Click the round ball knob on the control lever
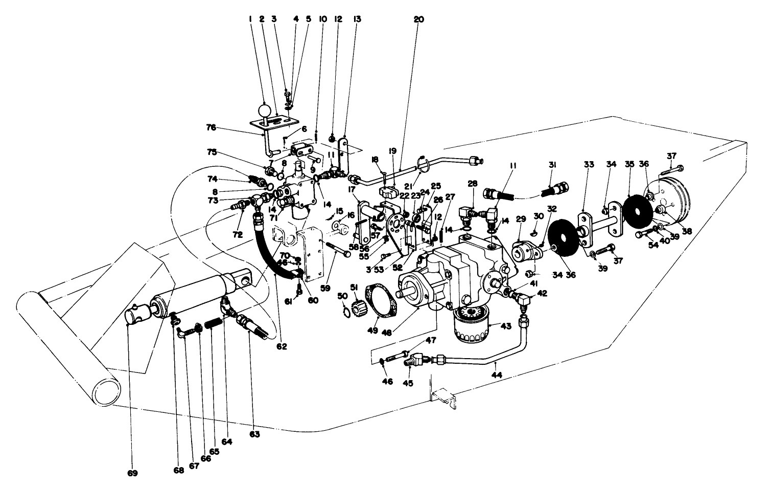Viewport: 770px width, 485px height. (265, 111)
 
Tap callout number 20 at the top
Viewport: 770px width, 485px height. (419, 19)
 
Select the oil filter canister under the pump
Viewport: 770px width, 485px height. (469, 322)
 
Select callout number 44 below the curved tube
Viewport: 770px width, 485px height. (496, 375)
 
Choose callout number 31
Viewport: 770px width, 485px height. (552, 165)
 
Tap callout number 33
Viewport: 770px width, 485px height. (589, 165)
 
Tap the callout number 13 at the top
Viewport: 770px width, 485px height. (357, 19)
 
